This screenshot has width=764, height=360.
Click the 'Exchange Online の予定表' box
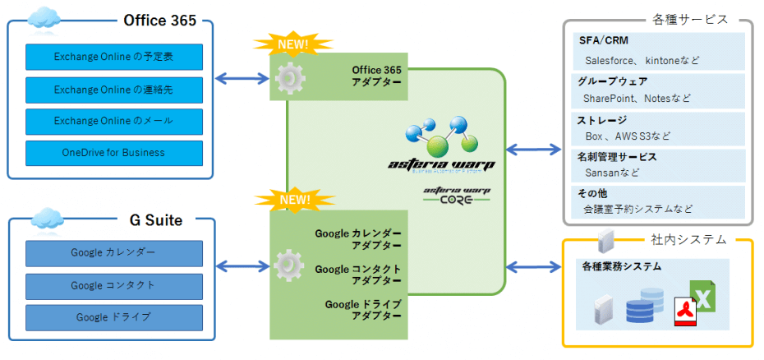coord(113,57)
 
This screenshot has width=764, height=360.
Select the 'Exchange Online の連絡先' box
coord(113,89)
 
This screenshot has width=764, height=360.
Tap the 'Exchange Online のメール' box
coord(113,121)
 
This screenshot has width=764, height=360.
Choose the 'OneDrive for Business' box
coord(113,153)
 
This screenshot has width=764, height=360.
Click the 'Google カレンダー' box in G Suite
coord(113,253)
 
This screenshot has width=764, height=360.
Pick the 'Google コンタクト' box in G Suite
coord(113,285)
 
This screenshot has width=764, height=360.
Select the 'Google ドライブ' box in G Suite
coord(113,317)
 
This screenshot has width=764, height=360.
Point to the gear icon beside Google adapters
coord(288,265)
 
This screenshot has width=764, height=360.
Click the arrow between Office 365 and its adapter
coord(242,79)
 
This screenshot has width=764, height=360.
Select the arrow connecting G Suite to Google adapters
coord(242,265)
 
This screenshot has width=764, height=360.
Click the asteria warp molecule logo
coord(442,136)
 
